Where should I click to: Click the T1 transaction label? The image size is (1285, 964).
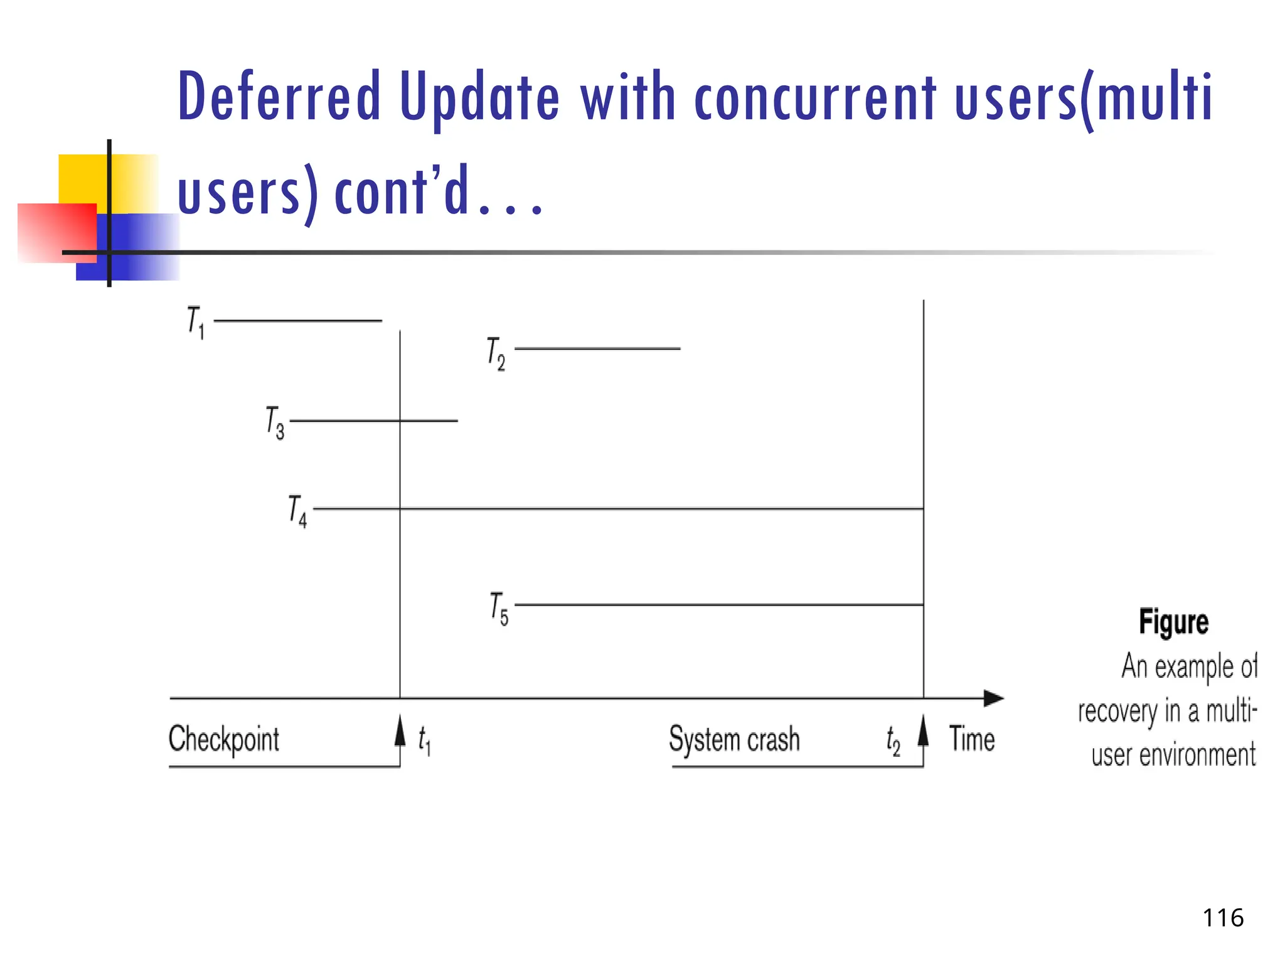196,322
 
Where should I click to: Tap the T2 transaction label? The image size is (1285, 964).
496,353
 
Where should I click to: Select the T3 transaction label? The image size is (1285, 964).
275,422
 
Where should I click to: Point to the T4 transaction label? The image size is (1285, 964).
297,511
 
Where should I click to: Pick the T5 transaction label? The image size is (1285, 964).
499,608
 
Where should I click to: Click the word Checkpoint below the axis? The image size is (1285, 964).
224,739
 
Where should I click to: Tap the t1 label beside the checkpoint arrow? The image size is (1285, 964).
424,740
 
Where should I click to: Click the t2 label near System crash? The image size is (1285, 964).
893,741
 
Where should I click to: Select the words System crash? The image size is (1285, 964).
734,739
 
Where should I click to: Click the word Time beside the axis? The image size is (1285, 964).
971,739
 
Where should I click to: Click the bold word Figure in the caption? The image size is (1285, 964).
1173,622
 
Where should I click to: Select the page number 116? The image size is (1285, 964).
1222,918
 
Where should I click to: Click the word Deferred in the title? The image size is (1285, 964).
279,97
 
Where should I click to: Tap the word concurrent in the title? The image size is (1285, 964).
815,97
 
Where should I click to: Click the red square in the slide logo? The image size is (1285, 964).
56,232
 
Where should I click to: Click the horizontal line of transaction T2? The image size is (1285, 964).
597,348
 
